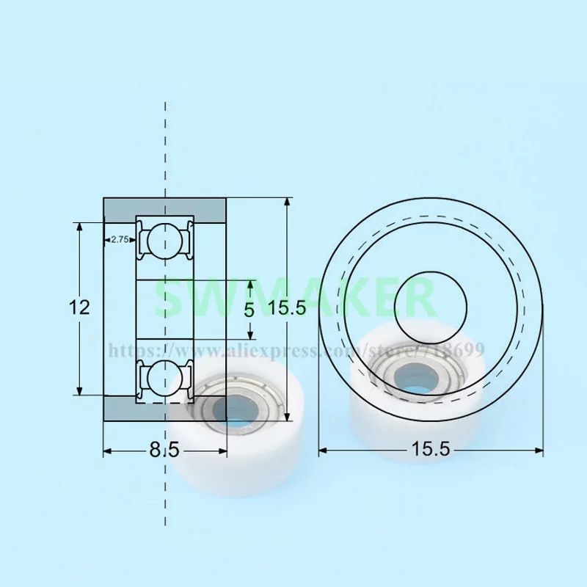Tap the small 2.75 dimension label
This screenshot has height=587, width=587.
click(x=119, y=239)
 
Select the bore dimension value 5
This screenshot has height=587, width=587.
click(x=249, y=310)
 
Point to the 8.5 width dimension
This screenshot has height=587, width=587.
click(x=164, y=451)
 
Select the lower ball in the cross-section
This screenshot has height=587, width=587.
click(x=164, y=376)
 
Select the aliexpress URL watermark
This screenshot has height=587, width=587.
click(x=293, y=349)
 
